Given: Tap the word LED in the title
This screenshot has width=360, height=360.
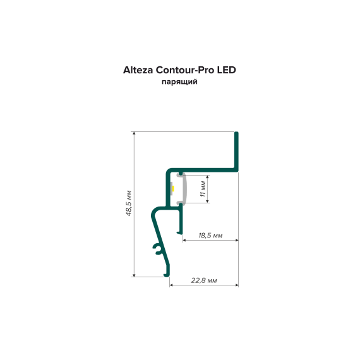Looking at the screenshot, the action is click(227, 70).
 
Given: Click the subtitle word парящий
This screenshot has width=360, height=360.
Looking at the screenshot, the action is click(179, 82).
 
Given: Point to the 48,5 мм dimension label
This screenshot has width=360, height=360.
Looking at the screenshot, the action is click(129, 203).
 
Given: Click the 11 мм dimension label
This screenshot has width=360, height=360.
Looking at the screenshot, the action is click(203, 189).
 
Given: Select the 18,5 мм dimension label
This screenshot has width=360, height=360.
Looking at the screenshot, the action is click(210, 236).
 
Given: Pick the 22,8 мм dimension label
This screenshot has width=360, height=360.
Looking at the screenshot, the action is click(204, 280).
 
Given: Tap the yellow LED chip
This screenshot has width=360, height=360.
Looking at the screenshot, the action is click(174, 188).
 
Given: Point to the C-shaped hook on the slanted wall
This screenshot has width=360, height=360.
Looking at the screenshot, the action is click(157, 249).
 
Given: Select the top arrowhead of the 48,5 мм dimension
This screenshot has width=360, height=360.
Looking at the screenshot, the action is click(135, 134).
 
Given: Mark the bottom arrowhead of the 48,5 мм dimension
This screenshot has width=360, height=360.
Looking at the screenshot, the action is click(135, 275).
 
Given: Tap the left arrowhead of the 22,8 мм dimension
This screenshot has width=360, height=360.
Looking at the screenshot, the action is click(172, 285).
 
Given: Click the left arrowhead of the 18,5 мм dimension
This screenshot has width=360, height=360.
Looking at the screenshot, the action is click(185, 241).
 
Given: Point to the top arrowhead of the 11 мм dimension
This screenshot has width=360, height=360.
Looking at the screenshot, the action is click(208, 177).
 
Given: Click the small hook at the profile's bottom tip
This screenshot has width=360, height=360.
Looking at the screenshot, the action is click(167, 274).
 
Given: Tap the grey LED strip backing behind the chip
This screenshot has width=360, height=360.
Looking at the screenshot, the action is click(172, 188).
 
